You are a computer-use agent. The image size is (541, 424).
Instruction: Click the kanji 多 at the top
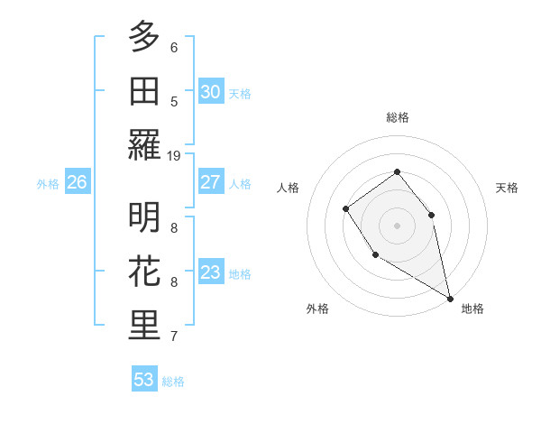[x=144, y=37]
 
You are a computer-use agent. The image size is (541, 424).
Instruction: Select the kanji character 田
[x=144, y=90]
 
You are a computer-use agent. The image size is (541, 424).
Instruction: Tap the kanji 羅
[x=144, y=144]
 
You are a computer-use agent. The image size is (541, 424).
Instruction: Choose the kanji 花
[x=144, y=272]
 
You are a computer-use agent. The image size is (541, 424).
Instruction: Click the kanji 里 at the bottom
[x=144, y=327]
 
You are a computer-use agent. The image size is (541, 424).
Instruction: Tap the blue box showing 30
[x=211, y=92]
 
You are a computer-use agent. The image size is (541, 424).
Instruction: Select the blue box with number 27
[x=211, y=182]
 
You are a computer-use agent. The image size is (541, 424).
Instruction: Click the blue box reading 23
[x=211, y=272]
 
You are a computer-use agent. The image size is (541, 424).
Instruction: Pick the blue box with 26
[x=77, y=182]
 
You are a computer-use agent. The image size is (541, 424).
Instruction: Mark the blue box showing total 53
[x=144, y=380]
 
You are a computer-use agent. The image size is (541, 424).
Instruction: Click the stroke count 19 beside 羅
[x=174, y=155]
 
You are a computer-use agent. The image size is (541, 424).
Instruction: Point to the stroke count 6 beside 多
[x=174, y=48]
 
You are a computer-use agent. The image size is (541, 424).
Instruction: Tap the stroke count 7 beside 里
[x=174, y=336]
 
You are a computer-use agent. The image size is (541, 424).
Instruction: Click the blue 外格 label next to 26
[x=48, y=184]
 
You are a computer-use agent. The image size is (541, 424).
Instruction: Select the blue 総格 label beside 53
[x=173, y=382]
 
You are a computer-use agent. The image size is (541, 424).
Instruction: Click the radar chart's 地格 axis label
[x=472, y=309]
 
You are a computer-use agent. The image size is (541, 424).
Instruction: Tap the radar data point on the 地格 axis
[x=451, y=299]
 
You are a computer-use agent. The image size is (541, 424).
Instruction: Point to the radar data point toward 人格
[x=346, y=209]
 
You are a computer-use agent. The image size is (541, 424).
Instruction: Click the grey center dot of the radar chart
[x=397, y=225]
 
